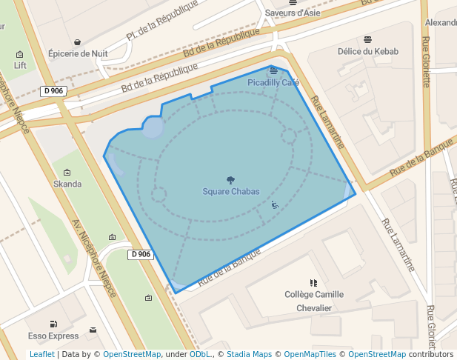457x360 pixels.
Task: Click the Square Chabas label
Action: click(x=231, y=192)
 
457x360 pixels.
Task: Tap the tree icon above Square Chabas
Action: click(x=230, y=180)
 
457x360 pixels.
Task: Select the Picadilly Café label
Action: click(x=273, y=82)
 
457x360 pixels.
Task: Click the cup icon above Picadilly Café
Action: click(x=274, y=71)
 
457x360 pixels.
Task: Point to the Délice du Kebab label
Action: click(x=368, y=52)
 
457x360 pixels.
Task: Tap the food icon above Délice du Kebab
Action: click(x=368, y=40)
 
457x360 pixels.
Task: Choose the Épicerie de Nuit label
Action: click(x=78, y=53)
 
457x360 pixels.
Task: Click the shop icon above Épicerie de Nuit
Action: click(x=78, y=42)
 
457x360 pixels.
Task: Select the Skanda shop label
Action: click(x=67, y=184)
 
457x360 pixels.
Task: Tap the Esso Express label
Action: click(x=53, y=336)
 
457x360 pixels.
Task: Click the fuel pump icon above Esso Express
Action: click(x=53, y=324)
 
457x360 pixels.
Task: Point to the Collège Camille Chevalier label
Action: click(x=314, y=301)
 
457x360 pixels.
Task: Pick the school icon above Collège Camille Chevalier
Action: click(x=313, y=282)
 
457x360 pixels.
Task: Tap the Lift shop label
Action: click(x=20, y=65)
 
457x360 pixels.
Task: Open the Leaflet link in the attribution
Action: click(x=41, y=355)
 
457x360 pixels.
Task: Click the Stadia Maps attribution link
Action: click(x=249, y=355)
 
